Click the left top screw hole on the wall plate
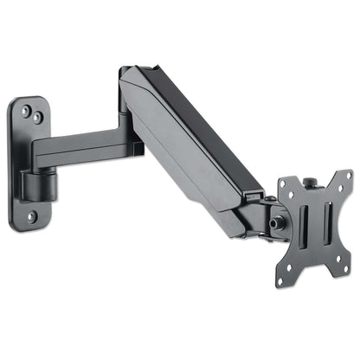(x=26, y=109)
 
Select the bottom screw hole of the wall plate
(x=31, y=216)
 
